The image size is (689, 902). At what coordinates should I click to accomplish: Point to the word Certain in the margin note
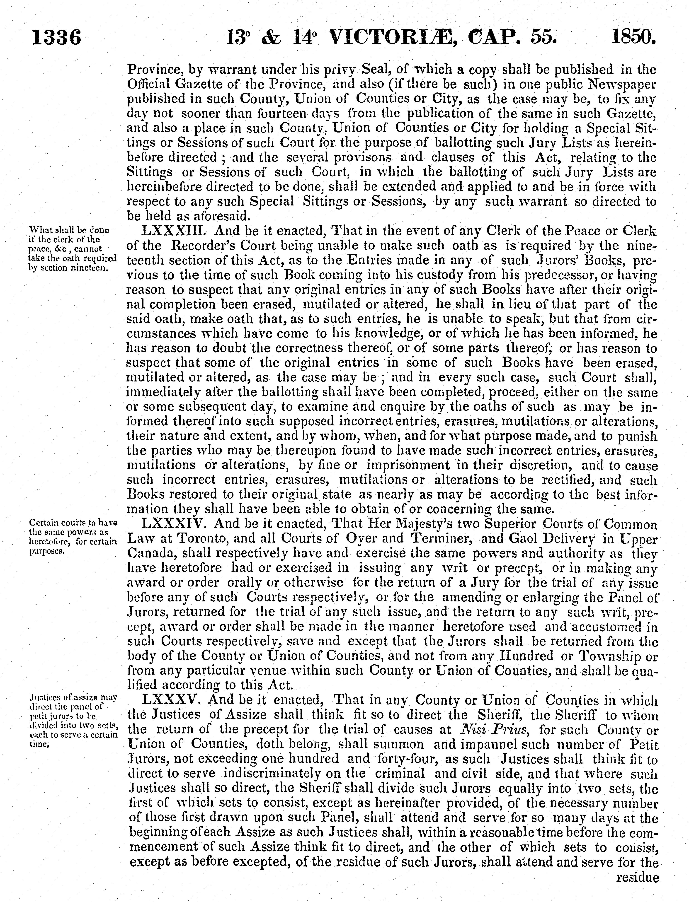click(43, 523)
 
